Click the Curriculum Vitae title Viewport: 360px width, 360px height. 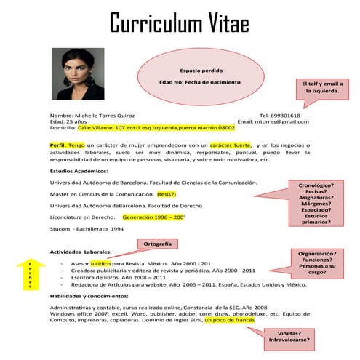180,23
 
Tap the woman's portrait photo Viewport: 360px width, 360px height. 75,75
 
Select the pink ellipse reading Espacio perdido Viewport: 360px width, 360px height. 199,76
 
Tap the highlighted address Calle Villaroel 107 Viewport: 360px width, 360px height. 156,127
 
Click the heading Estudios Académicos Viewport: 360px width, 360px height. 79,170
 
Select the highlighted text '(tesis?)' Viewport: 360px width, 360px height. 167,194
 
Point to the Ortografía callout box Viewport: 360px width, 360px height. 158,244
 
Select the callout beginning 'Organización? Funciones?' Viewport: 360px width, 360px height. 316,263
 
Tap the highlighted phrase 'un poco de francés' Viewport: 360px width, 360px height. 229,320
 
